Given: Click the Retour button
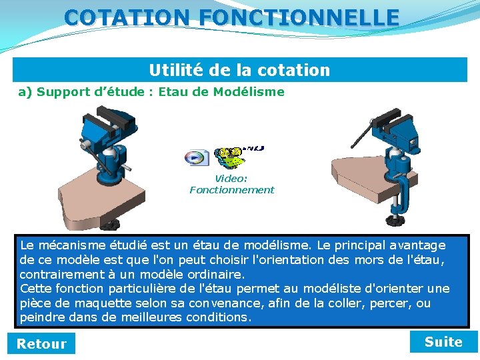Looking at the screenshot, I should [x=41, y=344].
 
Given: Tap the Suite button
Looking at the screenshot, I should [x=443, y=342].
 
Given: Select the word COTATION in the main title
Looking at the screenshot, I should [x=127, y=17].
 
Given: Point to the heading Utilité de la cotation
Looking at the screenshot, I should [x=239, y=70].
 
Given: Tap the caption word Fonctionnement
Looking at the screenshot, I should [x=231, y=190].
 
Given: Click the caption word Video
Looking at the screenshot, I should [x=231, y=179].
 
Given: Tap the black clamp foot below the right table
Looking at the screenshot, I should [x=393, y=219].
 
